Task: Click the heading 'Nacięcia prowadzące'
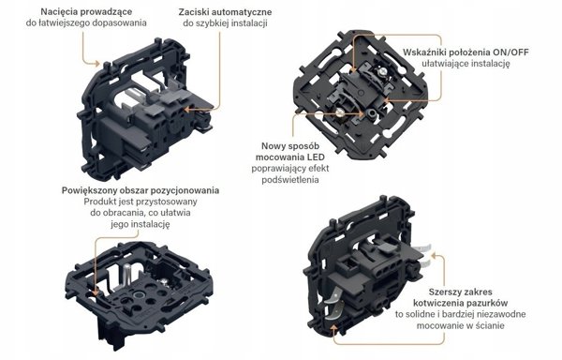click(86, 12)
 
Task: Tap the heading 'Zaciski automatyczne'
click(225, 12)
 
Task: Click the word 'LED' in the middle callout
click(316, 157)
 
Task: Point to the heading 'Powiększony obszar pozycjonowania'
click(140, 190)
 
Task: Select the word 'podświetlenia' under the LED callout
click(290, 180)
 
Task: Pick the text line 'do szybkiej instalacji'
click(225, 23)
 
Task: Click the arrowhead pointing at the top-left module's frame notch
click(96, 64)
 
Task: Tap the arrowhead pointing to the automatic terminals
click(187, 109)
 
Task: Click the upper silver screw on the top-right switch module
click(382, 72)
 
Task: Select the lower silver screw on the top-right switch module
click(339, 113)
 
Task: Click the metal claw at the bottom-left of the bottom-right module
click(334, 300)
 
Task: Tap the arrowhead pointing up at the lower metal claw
click(333, 326)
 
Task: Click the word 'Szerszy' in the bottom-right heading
click(444, 292)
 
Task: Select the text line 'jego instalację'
click(140, 224)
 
